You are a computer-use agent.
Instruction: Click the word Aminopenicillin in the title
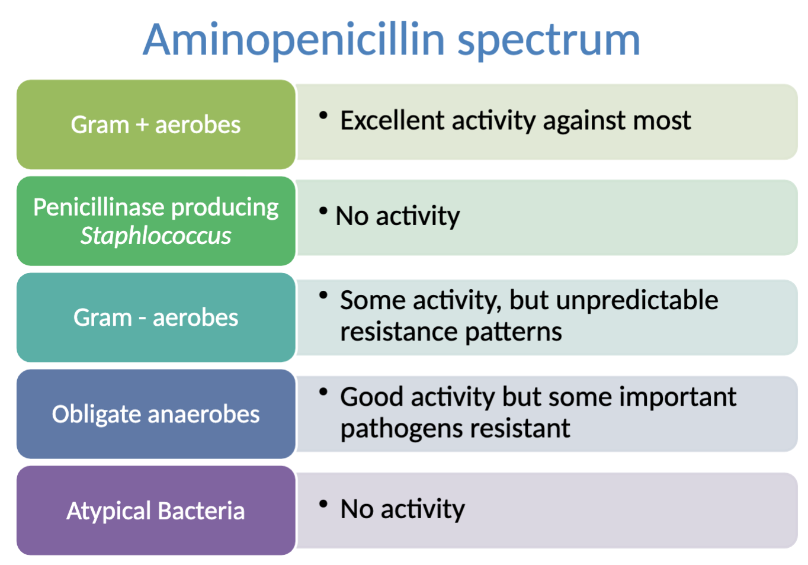click(x=294, y=40)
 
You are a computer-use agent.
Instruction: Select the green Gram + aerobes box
click(x=156, y=125)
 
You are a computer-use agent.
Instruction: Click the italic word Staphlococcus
click(x=156, y=236)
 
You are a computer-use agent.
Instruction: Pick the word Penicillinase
click(x=98, y=207)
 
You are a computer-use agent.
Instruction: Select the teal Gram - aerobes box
click(x=156, y=317)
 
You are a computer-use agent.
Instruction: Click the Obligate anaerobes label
click(x=156, y=414)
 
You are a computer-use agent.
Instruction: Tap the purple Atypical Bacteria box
click(x=156, y=511)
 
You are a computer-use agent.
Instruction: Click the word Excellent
click(x=392, y=120)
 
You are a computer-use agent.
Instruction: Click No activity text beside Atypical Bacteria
click(x=402, y=509)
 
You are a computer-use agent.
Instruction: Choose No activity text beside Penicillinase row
click(x=397, y=216)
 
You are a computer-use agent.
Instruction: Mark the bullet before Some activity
click(x=323, y=295)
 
